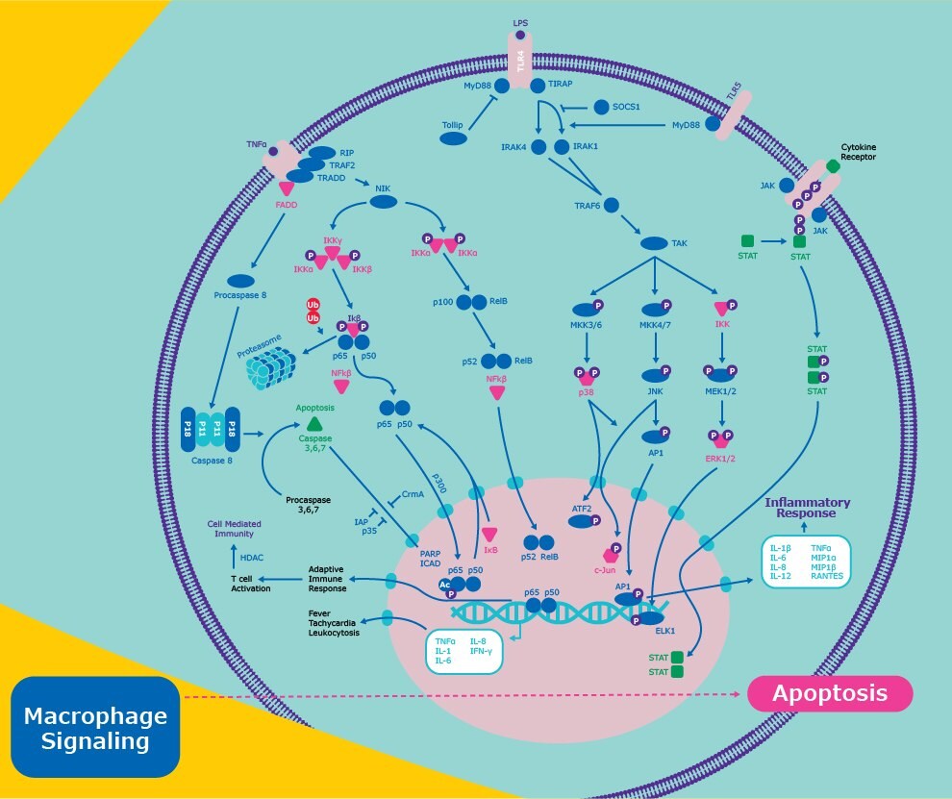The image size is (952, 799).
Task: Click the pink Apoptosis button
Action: (x=830, y=693)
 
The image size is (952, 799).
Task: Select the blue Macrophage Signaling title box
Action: (x=95, y=728)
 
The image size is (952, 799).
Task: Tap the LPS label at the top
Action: (x=520, y=22)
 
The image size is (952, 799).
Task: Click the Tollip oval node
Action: (x=454, y=139)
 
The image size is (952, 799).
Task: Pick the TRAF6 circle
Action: (x=611, y=205)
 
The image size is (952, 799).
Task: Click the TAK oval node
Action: (x=654, y=244)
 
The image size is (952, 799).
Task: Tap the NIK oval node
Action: (x=384, y=202)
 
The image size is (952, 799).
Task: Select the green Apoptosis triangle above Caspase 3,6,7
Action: (x=314, y=424)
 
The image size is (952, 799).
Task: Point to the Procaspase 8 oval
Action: (x=241, y=280)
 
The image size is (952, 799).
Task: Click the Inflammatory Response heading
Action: (x=807, y=509)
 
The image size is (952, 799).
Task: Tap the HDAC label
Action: (x=252, y=557)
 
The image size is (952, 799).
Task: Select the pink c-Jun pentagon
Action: (x=609, y=555)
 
